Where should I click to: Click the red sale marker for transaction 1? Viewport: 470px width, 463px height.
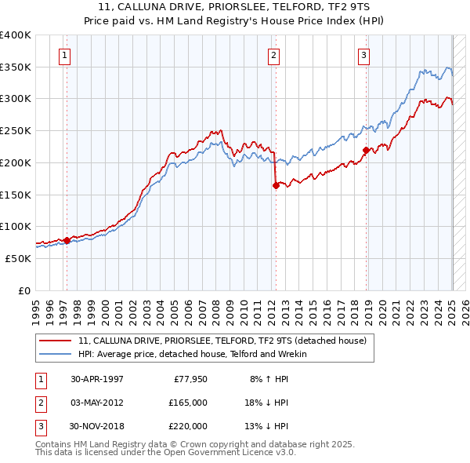pyautogui.click(x=67, y=240)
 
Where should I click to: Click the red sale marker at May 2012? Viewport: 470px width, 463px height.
pyautogui.click(x=276, y=185)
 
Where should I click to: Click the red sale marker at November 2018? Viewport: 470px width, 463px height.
pyautogui.click(x=366, y=150)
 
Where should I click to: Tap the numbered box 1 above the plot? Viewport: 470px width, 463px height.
pyautogui.click(x=63, y=55)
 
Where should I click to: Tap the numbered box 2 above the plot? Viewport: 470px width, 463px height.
pyautogui.click(x=273, y=55)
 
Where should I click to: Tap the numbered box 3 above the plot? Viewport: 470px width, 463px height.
pyautogui.click(x=364, y=55)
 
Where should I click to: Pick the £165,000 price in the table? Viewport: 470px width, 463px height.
pyautogui.click(x=188, y=403)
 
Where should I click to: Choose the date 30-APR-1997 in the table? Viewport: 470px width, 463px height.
pyautogui.click(x=97, y=379)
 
